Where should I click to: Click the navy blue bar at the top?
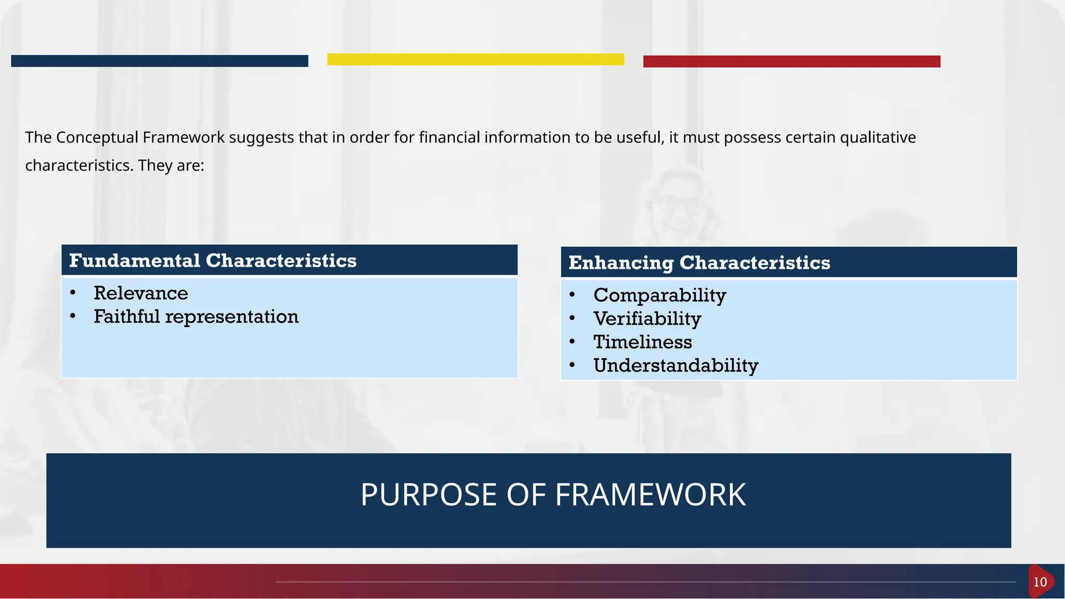159,61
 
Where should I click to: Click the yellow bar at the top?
475,59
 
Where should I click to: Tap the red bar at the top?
791,61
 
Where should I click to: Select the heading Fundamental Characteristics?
213,261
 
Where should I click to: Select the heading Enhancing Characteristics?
699,263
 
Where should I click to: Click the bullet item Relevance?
140,293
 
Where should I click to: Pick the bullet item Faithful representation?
196,317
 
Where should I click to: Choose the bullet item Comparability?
659,295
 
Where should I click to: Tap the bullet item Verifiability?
647,319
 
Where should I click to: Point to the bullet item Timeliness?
643,342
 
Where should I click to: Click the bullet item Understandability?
676,366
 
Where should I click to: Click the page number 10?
1040,582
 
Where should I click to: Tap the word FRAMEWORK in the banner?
650,494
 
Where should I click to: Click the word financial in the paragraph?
449,137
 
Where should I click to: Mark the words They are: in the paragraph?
171,165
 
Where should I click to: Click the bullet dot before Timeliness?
572,342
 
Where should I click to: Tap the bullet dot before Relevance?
73,293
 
